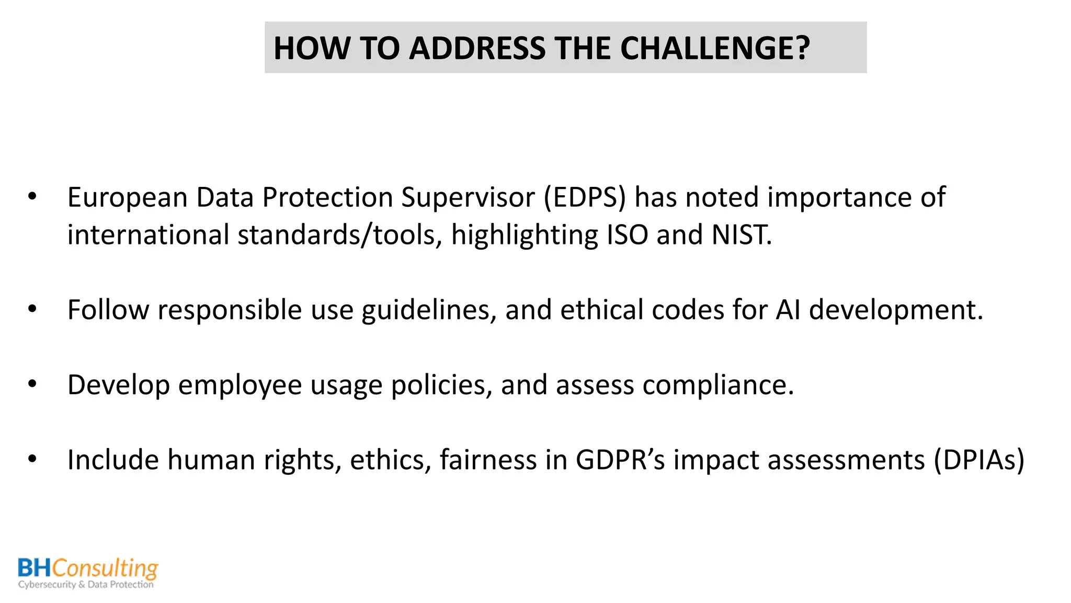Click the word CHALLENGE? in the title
click(x=715, y=48)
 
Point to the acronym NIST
click(x=741, y=235)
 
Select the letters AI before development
click(x=788, y=310)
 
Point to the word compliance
click(x=717, y=386)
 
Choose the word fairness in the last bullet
click(x=488, y=460)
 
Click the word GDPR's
click(x=620, y=460)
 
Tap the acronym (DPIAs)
click(x=979, y=460)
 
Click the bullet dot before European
click(x=32, y=197)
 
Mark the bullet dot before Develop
click(x=32, y=384)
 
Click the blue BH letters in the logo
click(x=35, y=568)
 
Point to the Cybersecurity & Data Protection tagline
click(x=86, y=585)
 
